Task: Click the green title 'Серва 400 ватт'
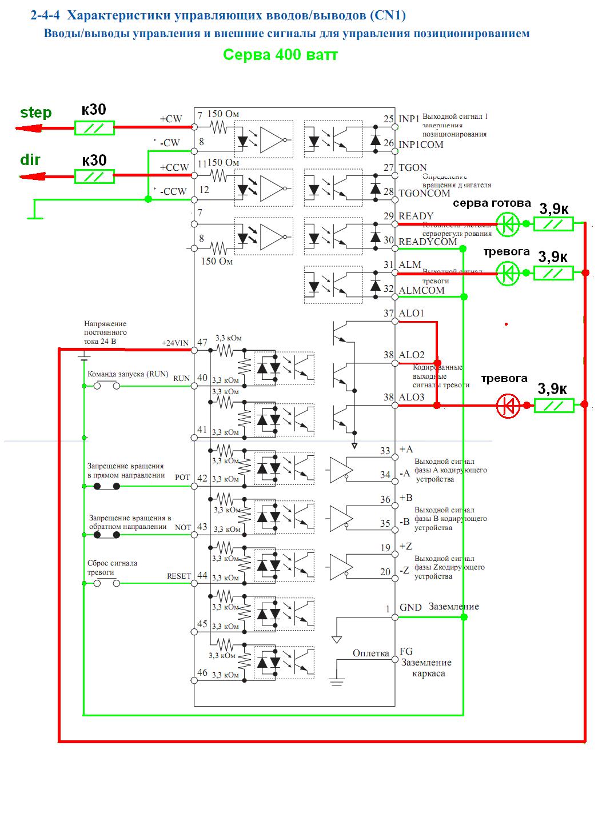pyautogui.click(x=280, y=55)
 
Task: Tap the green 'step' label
pyautogui.click(x=36, y=113)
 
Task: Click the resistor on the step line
pyautogui.click(x=94, y=128)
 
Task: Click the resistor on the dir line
pyautogui.click(x=94, y=177)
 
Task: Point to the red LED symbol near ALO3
pyautogui.click(x=508, y=406)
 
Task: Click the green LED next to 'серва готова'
pyautogui.click(x=507, y=224)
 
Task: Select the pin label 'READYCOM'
pyautogui.click(x=428, y=242)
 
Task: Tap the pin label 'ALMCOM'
pyautogui.click(x=421, y=290)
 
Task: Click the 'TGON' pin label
pyautogui.click(x=413, y=167)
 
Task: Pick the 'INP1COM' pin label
pyautogui.click(x=421, y=145)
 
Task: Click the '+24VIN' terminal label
pyautogui.click(x=175, y=343)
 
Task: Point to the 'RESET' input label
pyautogui.click(x=179, y=576)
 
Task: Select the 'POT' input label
pyautogui.click(x=182, y=478)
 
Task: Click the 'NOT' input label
pyautogui.click(x=183, y=527)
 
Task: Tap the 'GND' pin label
pyautogui.click(x=410, y=607)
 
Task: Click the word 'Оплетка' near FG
pyautogui.click(x=370, y=653)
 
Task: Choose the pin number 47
pyautogui.click(x=202, y=343)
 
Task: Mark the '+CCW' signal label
pyautogui.click(x=174, y=167)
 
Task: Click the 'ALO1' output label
pyautogui.click(x=412, y=313)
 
